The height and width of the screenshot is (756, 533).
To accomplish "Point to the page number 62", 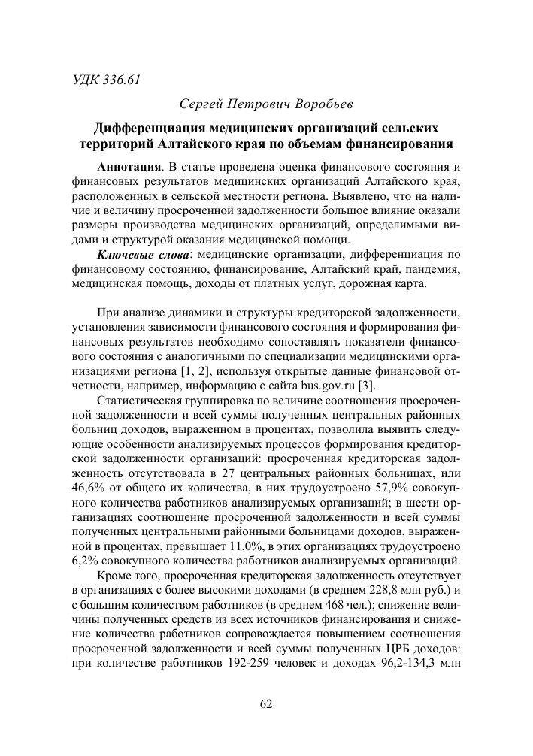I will (265, 704).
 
